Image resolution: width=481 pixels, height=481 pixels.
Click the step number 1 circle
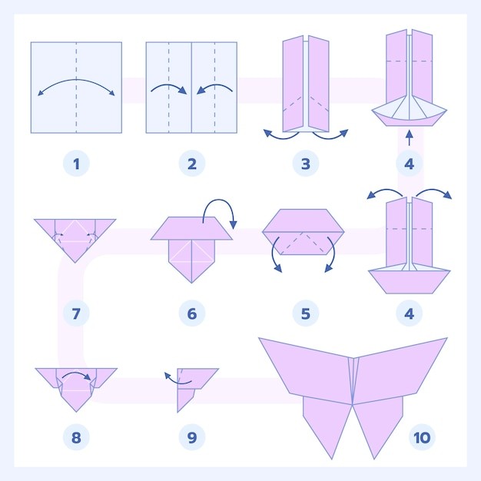pyautogui.click(x=76, y=164)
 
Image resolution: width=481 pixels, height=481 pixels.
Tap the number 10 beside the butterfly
pyautogui.click(x=422, y=437)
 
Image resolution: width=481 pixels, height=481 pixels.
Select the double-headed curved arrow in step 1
pyautogui.click(x=76, y=81)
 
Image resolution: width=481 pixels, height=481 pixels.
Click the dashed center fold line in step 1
pyautogui.click(x=76, y=88)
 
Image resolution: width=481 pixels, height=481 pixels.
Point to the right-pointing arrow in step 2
pyautogui.click(x=169, y=86)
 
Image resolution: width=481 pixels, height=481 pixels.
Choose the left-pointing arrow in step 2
pyautogui.click(x=214, y=85)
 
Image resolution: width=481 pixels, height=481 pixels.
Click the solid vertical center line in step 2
pyautogui.click(x=192, y=88)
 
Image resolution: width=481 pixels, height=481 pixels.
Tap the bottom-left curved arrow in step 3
pyautogui.click(x=280, y=138)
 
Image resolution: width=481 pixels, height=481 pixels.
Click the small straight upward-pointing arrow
pyautogui.click(x=410, y=138)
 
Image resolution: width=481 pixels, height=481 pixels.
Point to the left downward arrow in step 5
pyautogui.click(x=275, y=254)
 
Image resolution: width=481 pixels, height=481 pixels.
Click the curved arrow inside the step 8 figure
pyautogui.click(x=77, y=374)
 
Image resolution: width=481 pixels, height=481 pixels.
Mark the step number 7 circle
pyautogui.click(x=76, y=313)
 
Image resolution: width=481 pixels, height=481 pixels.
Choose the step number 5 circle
pyautogui.click(x=306, y=313)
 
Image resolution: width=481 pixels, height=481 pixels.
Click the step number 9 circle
pyautogui.click(x=192, y=437)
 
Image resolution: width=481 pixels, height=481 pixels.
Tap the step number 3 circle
pyautogui.click(x=306, y=164)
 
